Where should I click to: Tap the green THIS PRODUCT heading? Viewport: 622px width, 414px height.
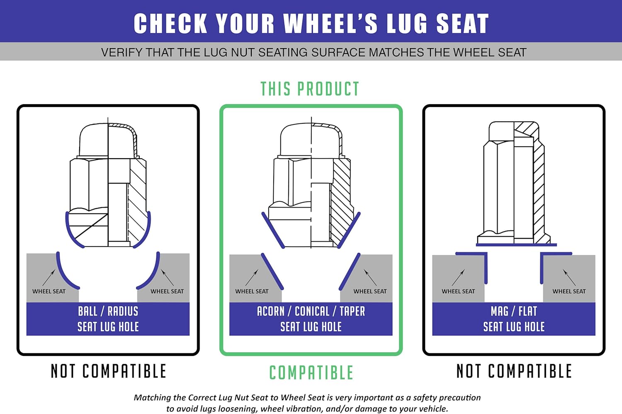tap(310, 89)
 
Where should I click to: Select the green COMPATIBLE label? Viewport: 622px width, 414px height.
tap(311, 372)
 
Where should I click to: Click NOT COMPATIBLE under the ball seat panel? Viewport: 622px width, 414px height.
tap(108, 371)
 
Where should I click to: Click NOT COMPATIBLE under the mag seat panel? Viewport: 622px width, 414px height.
tap(514, 371)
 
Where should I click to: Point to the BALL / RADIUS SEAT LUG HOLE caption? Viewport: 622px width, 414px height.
tap(108, 319)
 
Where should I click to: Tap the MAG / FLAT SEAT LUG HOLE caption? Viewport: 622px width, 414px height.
tap(514, 319)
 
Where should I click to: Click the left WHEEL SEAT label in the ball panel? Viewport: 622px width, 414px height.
tap(49, 291)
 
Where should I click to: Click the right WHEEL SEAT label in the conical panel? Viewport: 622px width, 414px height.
tap(370, 291)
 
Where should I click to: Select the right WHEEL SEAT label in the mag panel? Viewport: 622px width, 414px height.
tap(569, 291)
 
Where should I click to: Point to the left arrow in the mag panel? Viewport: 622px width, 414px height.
tap(458, 277)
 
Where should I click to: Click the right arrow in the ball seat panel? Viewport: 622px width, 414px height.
tap(168, 277)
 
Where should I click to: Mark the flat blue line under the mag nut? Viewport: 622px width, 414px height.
tap(516, 245)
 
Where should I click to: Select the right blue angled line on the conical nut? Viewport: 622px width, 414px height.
tap(349, 230)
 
